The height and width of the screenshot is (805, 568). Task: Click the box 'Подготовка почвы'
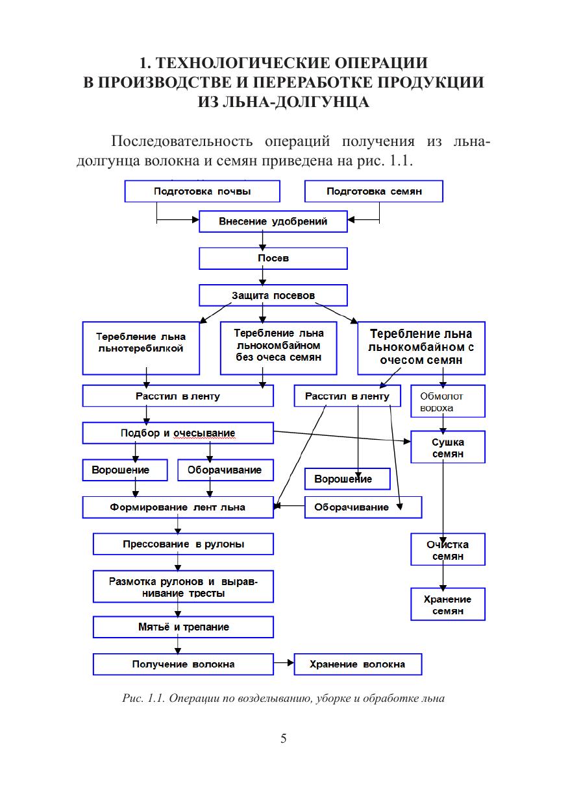click(x=202, y=191)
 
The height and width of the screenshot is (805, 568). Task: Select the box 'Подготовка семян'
click(x=374, y=191)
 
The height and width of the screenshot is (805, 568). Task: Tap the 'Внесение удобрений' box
click(x=273, y=221)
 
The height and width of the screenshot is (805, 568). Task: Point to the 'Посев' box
click(x=273, y=258)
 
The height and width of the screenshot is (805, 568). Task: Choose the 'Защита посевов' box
click(x=273, y=296)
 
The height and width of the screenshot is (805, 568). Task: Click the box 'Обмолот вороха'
click(x=447, y=402)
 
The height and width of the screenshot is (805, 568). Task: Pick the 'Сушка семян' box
click(x=447, y=447)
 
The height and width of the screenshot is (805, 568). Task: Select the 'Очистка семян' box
click(x=447, y=549)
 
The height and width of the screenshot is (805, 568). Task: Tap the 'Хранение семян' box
click(x=447, y=604)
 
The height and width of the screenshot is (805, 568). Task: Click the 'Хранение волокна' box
click(x=358, y=664)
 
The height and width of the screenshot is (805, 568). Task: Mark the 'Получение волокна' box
click(x=183, y=664)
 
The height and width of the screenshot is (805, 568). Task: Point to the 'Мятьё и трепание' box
click(x=183, y=627)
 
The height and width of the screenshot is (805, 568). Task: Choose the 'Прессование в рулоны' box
click(x=183, y=544)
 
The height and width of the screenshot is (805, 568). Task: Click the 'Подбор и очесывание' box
click(x=178, y=433)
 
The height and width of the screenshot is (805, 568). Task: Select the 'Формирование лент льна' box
click(x=178, y=507)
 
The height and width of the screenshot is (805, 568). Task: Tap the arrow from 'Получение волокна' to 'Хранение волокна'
click(x=284, y=664)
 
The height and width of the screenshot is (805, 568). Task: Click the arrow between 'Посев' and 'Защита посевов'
click(x=262, y=277)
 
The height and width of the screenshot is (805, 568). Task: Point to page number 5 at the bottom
click(x=284, y=738)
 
